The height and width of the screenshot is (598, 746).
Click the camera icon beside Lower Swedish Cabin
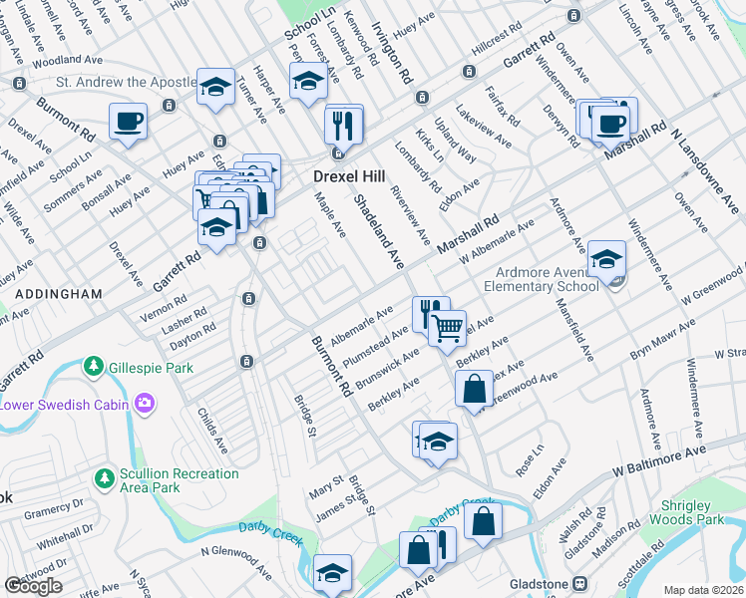(145, 403)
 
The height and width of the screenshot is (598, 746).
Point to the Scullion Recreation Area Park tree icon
(104, 479)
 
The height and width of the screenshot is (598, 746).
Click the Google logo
(34, 586)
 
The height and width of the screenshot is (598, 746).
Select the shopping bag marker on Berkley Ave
(476, 388)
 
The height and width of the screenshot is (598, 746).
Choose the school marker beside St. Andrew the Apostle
(215, 89)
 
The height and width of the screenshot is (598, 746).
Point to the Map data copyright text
(703, 590)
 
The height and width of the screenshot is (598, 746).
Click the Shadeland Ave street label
(379, 231)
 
